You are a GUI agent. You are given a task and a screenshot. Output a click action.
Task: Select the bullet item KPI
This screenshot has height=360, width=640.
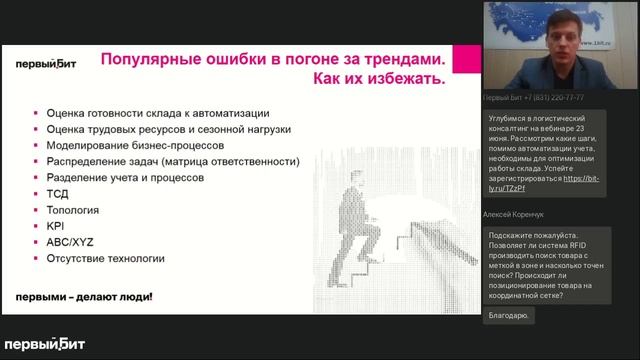(55, 226)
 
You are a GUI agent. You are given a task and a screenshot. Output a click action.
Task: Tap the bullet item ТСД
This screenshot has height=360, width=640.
(57, 194)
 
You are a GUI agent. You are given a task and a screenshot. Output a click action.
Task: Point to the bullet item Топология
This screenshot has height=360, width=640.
(72, 210)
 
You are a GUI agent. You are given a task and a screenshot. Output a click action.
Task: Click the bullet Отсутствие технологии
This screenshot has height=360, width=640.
(105, 258)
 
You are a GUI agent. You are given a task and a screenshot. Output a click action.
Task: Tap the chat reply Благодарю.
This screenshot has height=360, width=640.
(509, 315)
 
